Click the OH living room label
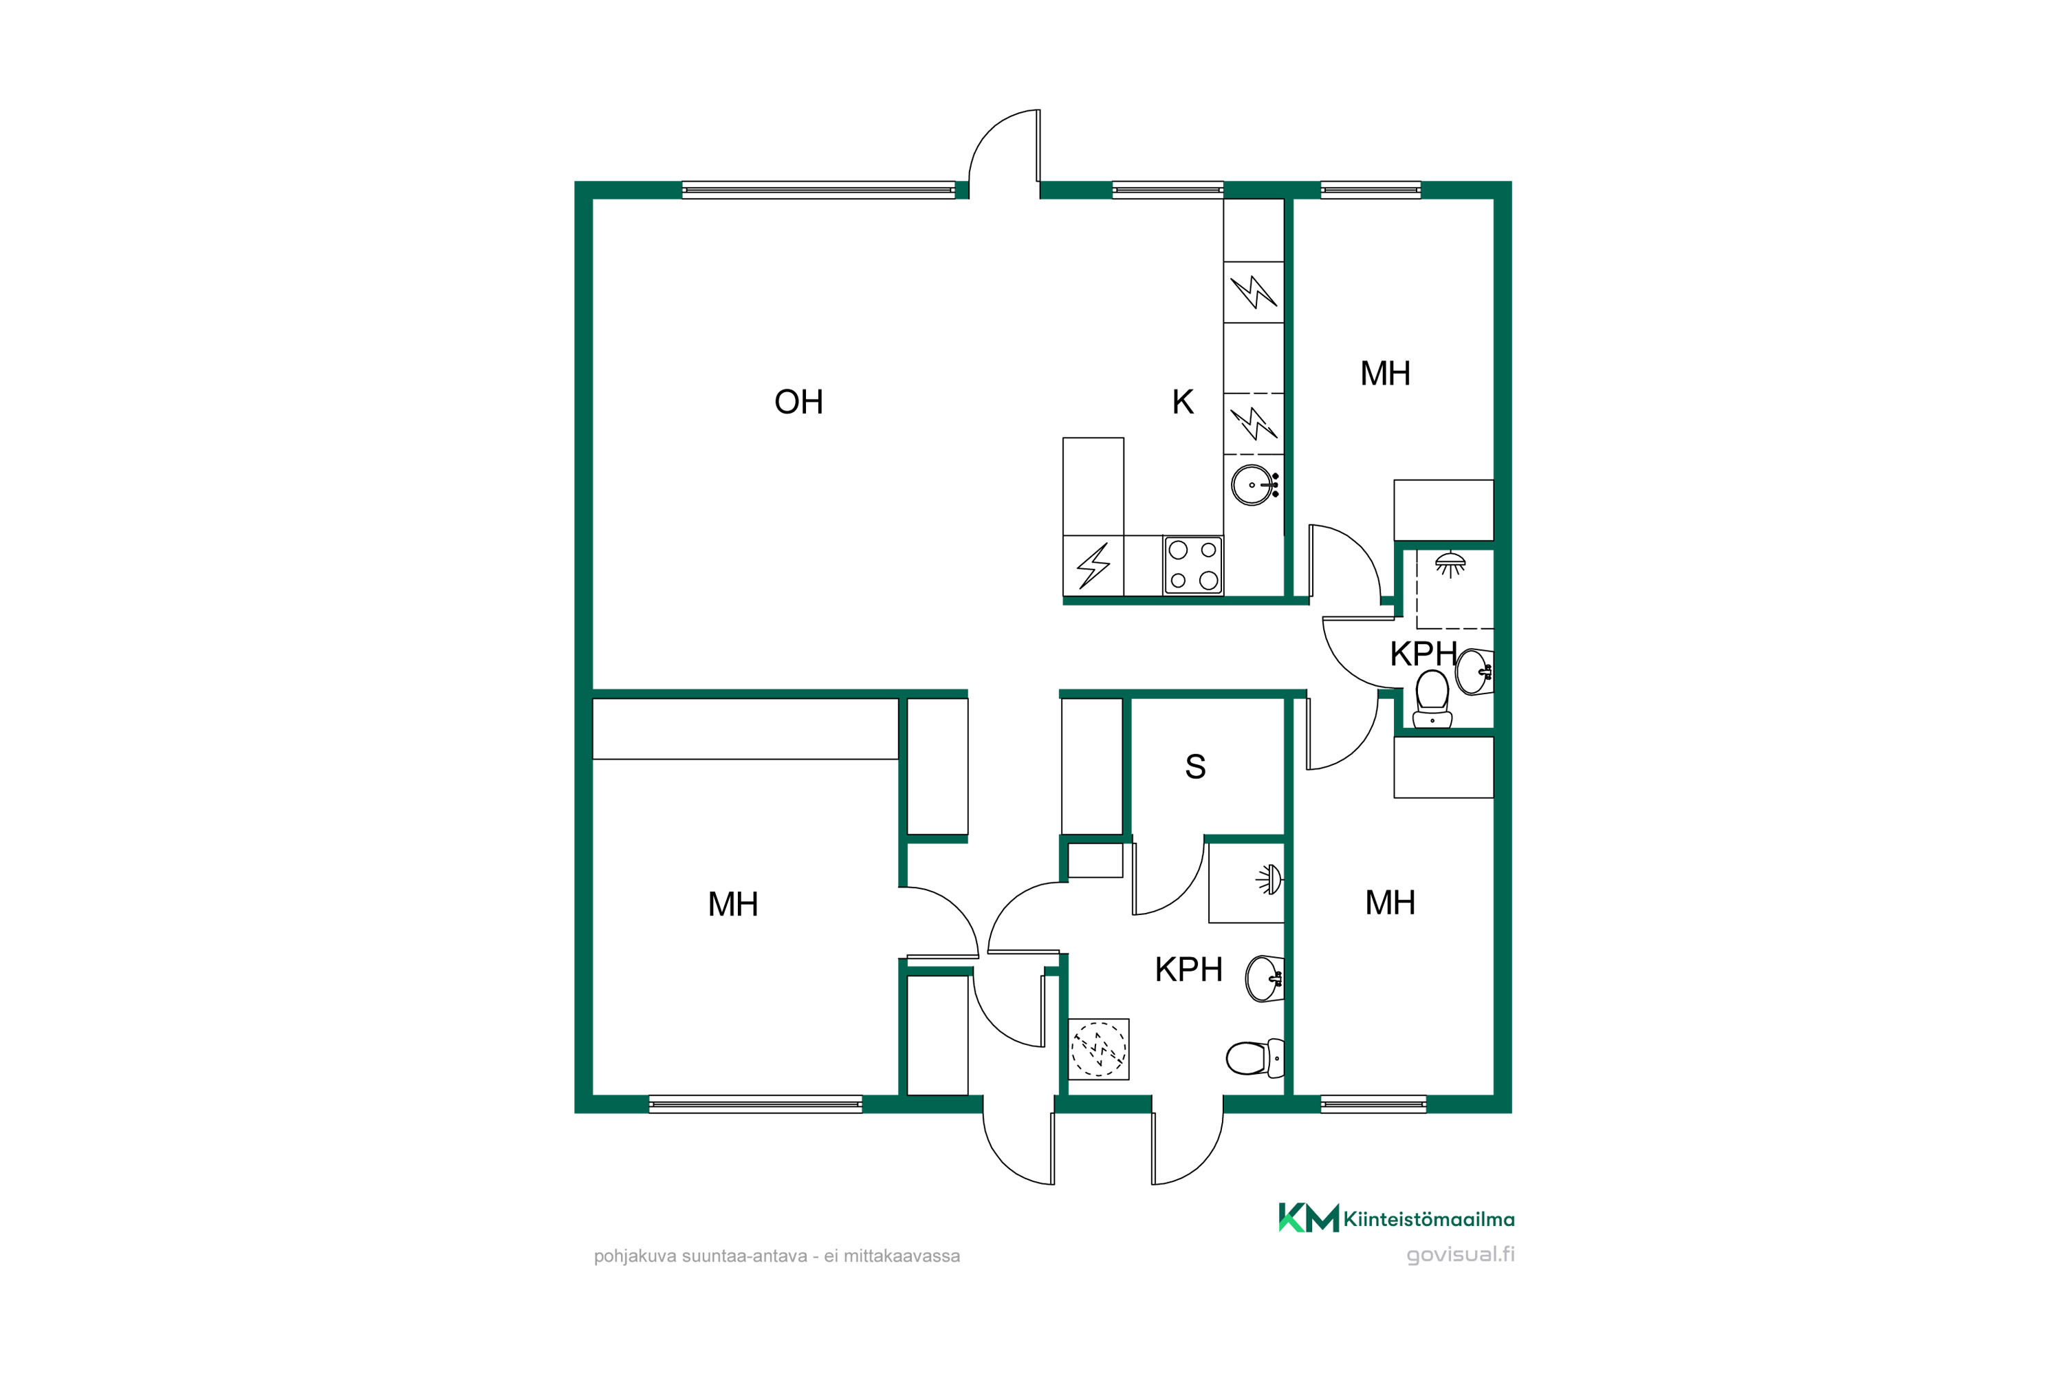point(798,402)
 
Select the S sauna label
point(1194,766)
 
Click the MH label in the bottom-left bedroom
point(732,904)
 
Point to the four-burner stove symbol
point(1193,565)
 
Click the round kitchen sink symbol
point(1254,484)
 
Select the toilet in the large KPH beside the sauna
point(1255,1057)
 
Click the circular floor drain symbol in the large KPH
point(1098,1048)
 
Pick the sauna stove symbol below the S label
point(1269,879)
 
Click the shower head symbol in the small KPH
point(1450,563)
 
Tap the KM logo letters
point(1308,1217)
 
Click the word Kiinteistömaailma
point(1429,1219)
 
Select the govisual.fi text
point(1461,1254)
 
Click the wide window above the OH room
point(818,190)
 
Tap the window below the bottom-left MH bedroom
point(755,1104)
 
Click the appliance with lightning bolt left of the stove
point(1093,566)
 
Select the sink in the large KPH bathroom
point(1265,978)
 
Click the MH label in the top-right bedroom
point(1385,374)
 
